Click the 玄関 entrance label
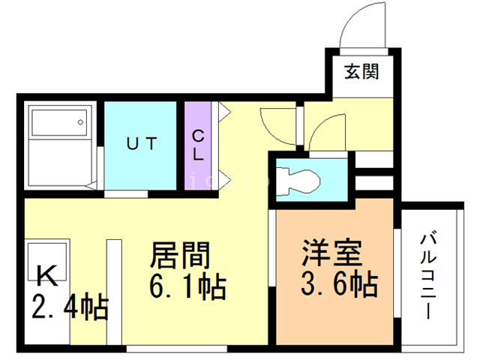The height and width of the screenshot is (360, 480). (x=361, y=72)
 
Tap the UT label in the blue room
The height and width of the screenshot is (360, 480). (x=142, y=143)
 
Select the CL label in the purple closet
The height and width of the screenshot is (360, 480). (x=198, y=145)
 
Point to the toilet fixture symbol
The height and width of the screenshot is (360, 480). (x=298, y=181)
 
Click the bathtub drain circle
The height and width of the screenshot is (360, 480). (x=80, y=122)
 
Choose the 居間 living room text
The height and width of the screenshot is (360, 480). (x=180, y=256)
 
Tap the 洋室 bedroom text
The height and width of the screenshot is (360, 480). (x=332, y=253)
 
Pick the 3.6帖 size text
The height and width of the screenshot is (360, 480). (x=339, y=283)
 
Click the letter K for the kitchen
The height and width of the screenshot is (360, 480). (x=47, y=275)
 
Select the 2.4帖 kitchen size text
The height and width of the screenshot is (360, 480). (x=70, y=307)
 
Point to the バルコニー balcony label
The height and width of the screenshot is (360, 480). (x=427, y=275)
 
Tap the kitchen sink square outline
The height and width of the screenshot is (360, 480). (x=47, y=262)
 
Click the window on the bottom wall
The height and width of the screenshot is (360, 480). (x=177, y=348)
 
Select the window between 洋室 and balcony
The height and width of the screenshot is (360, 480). (x=397, y=273)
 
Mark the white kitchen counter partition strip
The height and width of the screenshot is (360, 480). (x=114, y=292)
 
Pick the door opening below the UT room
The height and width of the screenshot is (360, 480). (x=126, y=194)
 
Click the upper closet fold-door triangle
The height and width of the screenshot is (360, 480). (x=224, y=112)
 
